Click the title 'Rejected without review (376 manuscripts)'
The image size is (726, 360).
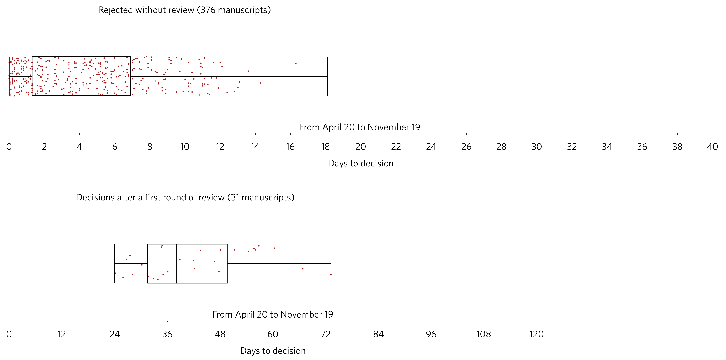(x=185, y=10)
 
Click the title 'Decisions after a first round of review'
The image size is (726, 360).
(x=185, y=197)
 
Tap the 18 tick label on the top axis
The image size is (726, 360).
(x=325, y=147)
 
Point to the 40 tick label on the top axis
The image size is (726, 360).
(x=712, y=147)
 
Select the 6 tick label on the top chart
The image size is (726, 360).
(x=114, y=147)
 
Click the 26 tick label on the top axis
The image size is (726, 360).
(x=466, y=147)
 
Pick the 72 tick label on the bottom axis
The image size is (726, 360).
(x=325, y=334)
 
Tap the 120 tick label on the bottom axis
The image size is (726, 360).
(x=536, y=334)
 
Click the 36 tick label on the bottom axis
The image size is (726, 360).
(x=167, y=334)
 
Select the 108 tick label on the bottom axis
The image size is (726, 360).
(x=484, y=334)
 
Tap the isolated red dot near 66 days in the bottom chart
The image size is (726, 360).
(x=303, y=269)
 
